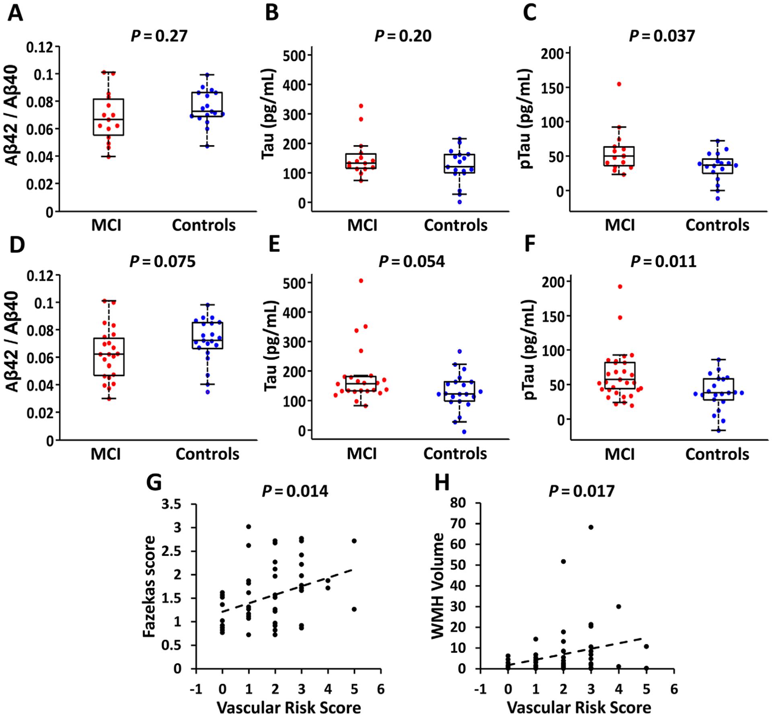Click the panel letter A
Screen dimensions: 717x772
(15, 14)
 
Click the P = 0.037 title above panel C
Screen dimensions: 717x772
(661, 36)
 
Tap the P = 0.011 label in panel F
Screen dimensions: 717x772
(663, 261)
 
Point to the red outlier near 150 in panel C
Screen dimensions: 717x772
(619, 84)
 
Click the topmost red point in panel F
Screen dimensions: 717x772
(620, 287)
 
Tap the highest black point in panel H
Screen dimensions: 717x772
(591, 527)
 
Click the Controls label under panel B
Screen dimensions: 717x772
(455, 225)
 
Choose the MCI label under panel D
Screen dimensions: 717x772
(106, 454)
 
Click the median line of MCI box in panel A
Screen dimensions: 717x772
(108, 119)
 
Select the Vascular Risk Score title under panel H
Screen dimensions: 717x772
(579, 707)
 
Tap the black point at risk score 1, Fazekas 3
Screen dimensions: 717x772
(248, 526)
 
